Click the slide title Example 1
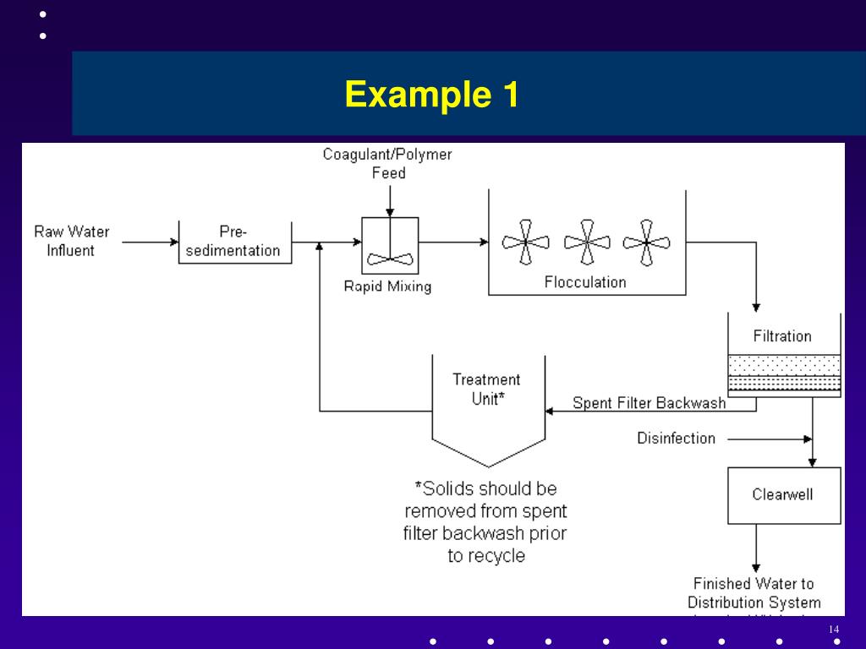point(431,94)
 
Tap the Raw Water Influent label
point(71,241)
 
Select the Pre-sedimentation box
point(235,242)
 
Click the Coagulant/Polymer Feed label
point(388,164)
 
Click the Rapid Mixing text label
point(387,286)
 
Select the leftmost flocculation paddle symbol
point(525,242)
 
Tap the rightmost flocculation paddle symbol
point(647,242)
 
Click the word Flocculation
point(585,282)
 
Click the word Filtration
point(782,336)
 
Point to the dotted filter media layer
point(784,365)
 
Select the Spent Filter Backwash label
point(649,403)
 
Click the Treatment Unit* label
point(486,390)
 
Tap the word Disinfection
point(676,438)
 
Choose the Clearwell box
point(784,494)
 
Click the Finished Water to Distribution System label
point(754,593)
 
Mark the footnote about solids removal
point(486,522)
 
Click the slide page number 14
point(833,630)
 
